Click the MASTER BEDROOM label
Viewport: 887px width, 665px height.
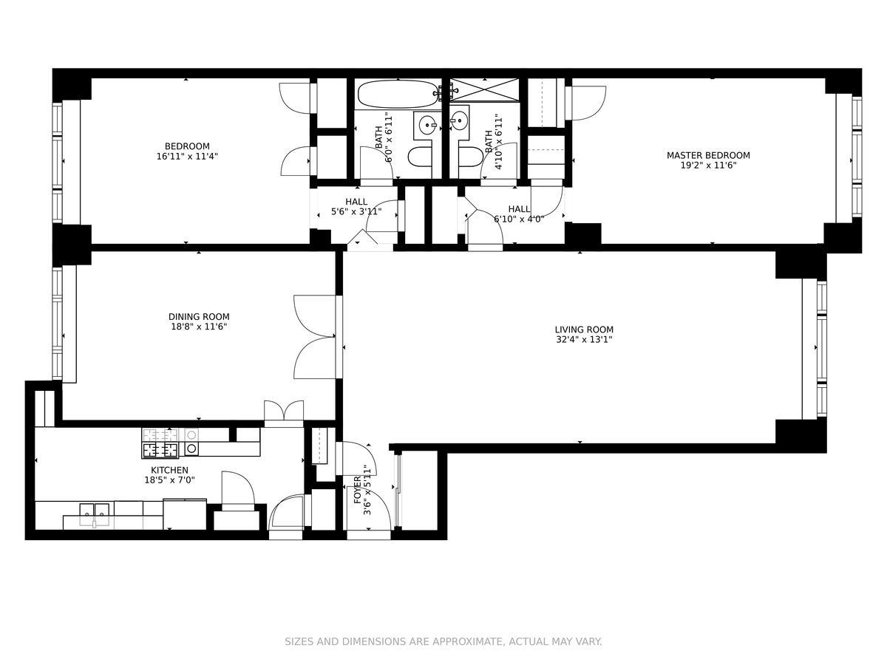pyautogui.click(x=708, y=155)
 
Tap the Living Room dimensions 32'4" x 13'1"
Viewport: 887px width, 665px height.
pyautogui.click(x=584, y=340)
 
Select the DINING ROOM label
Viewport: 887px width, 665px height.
pyautogui.click(x=199, y=317)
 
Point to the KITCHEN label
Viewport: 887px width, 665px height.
pyautogui.click(x=170, y=470)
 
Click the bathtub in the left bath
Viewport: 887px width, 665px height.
pyautogui.click(x=398, y=94)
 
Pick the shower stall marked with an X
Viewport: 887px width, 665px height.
pyautogui.click(x=484, y=89)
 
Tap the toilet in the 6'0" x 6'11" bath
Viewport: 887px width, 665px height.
pyautogui.click(x=421, y=157)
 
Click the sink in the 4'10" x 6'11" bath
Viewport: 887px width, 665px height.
pyautogui.click(x=460, y=120)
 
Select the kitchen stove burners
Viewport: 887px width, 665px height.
pyautogui.click(x=160, y=444)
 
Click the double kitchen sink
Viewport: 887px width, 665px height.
pyautogui.click(x=94, y=514)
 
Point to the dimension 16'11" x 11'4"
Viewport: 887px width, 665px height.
pyautogui.click(x=187, y=156)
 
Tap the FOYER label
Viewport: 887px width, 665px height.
pyautogui.click(x=358, y=491)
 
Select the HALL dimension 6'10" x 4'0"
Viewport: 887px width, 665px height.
pyautogui.click(x=520, y=219)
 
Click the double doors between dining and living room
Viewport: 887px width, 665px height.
pyautogui.click(x=315, y=337)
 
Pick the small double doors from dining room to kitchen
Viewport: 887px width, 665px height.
pyautogui.click(x=284, y=411)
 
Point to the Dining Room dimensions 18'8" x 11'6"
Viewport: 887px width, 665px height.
pyautogui.click(x=199, y=327)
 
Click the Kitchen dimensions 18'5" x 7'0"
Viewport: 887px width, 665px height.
pyautogui.click(x=170, y=480)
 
